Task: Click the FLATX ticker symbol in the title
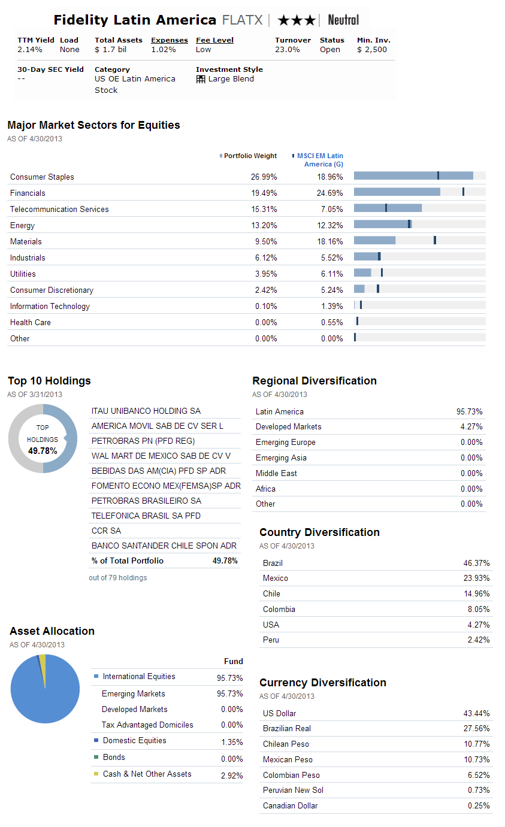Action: coord(243,20)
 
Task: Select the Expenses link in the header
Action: coord(169,40)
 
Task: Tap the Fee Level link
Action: coord(214,40)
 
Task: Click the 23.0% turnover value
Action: coord(287,50)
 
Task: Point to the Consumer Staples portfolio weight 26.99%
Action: coord(264,177)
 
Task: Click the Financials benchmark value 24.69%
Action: coord(329,193)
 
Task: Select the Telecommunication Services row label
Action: coord(59,210)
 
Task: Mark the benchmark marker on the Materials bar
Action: coord(435,240)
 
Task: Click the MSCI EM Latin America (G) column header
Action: coord(320,160)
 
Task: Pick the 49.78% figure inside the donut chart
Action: coord(43,451)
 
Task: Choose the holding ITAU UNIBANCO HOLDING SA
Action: coord(146,411)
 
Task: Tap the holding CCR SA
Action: coord(106,531)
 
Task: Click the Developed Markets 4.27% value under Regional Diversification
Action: coord(471,426)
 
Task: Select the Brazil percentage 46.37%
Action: coord(476,563)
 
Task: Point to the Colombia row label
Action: coord(279,609)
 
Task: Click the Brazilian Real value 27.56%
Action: coord(476,728)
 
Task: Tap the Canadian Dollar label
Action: coord(290,805)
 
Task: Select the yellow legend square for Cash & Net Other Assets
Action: coord(96,774)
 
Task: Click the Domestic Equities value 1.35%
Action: coord(232,742)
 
